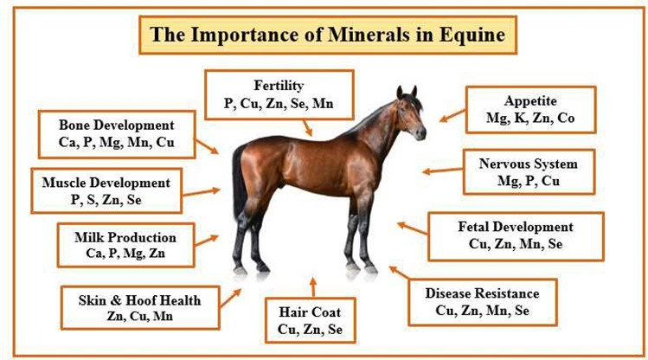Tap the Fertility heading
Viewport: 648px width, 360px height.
tap(279, 86)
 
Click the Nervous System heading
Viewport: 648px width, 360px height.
tap(528, 164)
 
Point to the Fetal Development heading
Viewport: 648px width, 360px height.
tap(516, 227)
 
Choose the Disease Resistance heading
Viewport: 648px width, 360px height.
tap(482, 293)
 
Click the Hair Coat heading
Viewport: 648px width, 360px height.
tap(310, 312)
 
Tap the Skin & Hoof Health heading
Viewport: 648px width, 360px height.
tap(139, 300)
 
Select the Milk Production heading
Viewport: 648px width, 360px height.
tap(125, 238)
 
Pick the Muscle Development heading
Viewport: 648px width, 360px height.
tap(106, 183)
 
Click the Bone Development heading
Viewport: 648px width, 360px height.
tap(117, 125)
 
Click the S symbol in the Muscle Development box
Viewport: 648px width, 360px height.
tap(91, 200)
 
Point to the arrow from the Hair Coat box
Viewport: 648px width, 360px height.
tap(313, 287)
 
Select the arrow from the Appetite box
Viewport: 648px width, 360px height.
tap(452, 116)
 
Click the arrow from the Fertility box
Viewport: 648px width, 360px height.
tap(307, 128)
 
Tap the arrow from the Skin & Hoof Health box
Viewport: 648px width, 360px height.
tap(230, 299)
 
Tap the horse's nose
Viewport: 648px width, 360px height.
tap(421, 133)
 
